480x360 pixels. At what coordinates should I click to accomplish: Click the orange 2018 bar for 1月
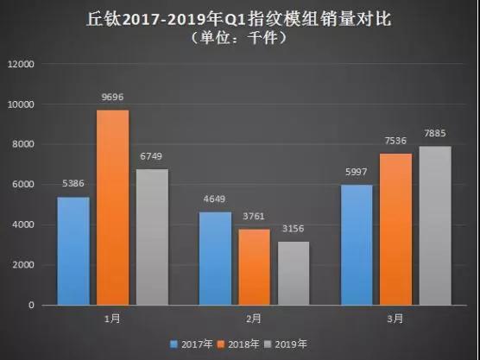(x=112, y=207)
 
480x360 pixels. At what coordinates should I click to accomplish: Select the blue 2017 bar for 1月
(x=73, y=251)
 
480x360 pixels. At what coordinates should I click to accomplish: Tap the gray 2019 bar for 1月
(x=151, y=237)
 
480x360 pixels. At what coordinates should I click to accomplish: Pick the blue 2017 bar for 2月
(x=215, y=259)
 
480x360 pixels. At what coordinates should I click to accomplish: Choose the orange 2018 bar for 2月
(x=254, y=267)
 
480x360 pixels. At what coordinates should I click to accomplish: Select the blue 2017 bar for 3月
(x=357, y=245)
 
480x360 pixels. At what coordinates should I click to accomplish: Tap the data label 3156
(x=293, y=231)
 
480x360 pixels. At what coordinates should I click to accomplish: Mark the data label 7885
(x=433, y=136)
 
